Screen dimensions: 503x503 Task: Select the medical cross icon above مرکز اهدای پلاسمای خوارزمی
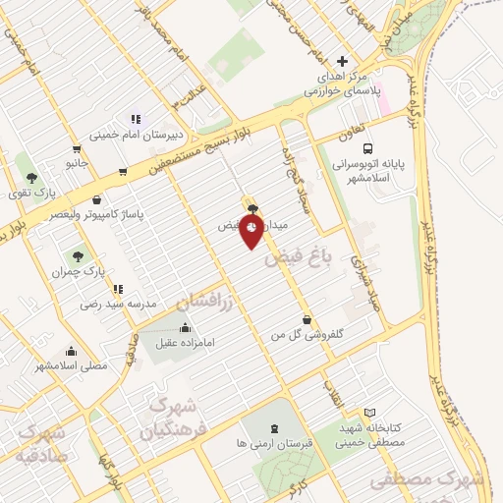pos(341,61)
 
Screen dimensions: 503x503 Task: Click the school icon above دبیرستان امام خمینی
pos(135,119)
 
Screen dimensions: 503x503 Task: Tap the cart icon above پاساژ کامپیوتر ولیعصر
pos(122,170)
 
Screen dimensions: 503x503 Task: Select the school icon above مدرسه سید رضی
pos(119,289)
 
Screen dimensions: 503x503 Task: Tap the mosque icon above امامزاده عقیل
pos(186,328)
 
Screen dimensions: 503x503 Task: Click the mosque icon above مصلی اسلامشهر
pos(71,351)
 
